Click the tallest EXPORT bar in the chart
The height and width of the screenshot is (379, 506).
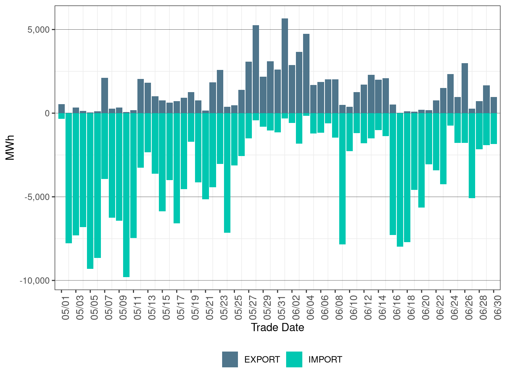(x=285, y=66)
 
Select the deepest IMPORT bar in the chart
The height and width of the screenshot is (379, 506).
(x=126, y=195)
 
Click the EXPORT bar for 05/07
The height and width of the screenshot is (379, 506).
(x=105, y=96)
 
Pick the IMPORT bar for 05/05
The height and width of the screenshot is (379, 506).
(x=90, y=191)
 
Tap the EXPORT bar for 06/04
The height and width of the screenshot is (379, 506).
(x=306, y=73)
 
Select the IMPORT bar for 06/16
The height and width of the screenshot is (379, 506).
(x=393, y=174)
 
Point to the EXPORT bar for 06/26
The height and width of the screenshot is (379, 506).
(x=465, y=88)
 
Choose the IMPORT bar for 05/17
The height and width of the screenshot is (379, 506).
(x=177, y=168)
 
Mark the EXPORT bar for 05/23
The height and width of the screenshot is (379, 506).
(x=220, y=92)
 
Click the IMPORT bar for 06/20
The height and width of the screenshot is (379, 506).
(x=422, y=161)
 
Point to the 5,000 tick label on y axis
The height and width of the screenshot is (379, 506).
(x=38, y=30)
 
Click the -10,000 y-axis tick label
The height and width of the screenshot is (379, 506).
(x=35, y=281)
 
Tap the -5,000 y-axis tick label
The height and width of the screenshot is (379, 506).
(x=37, y=197)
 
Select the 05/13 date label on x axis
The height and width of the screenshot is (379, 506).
(x=152, y=308)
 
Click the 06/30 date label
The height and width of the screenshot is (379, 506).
(x=498, y=308)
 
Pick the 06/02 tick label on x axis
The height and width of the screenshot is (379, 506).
(x=296, y=308)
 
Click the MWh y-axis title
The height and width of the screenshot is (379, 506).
(x=10, y=148)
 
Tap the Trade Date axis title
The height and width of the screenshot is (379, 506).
(x=277, y=327)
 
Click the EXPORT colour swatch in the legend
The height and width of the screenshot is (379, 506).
(x=230, y=359)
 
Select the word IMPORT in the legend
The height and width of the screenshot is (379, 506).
(x=325, y=360)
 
